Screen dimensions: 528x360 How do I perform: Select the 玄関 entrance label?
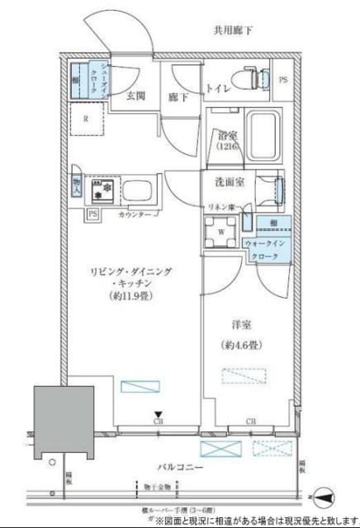click(x=136, y=95)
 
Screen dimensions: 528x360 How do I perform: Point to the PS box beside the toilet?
click(x=283, y=80)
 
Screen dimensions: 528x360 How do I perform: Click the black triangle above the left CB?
click(x=156, y=416)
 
